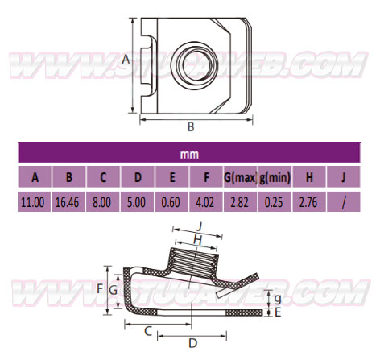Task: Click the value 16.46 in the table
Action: coord(67,202)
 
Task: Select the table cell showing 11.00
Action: coord(33,202)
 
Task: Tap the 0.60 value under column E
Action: coord(171,202)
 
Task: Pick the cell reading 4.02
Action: coord(205,202)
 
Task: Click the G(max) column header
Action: coord(241,177)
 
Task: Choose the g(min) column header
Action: coord(275,177)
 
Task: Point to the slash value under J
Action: coord(344,203)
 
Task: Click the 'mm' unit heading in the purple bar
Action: coord(189,155)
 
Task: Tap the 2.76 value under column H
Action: coord(308,202)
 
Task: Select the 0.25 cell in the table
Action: coord(274,202)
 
